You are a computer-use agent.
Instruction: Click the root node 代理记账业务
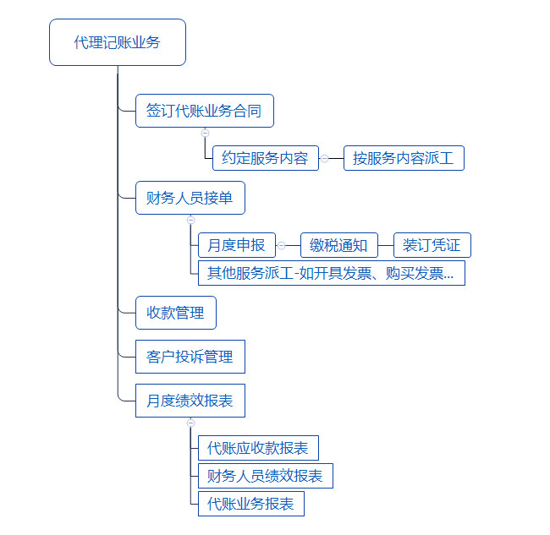pyautogui.click(x=118, y=42)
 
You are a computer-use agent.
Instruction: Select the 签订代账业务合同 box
pyautogui.click(x=205, y=111)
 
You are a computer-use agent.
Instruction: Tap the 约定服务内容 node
pyautogui.click(x=266, y=158)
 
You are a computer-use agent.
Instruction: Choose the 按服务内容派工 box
pyautogui.click(x=404, y=158)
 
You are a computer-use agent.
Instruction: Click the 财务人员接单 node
pyautogui.click(x=190, y=198)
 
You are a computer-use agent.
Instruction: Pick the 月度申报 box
pyautogui.click(x=237, y=245)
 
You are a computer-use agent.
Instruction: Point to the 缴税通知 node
pyautogui.click(x=339, y=245)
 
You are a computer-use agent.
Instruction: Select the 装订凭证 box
pyautogui.click(x=432, y=245)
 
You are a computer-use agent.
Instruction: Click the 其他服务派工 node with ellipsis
pyautogui.click(x=332, y=273)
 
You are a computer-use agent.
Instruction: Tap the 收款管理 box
pyautogui.click(x=176, y=313)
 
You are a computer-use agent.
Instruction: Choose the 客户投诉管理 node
pyautogui.click(x=190, y=357)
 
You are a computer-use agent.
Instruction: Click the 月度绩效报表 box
pyautogui.click(x=190, y=401)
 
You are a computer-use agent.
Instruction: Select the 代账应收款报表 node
pyautogui.click(x=258, y=448)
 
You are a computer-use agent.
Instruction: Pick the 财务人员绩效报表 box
pyautogui.click(x=266, y=476)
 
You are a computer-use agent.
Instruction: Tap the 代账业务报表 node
pyautogui.click(x=251, y=504)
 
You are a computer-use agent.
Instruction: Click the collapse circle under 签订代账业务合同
pyautogui.click(x=206, y=134)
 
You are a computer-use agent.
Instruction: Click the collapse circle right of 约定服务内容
pyautogui.click(x=325, y=158)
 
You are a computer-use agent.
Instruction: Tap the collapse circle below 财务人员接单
pyautogui.click(x=191, y=220)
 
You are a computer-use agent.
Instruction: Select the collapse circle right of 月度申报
pyautogui.click(x=281, y=245)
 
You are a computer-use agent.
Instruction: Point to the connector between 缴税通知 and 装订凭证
pyautogui.click(x=386, y=245)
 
